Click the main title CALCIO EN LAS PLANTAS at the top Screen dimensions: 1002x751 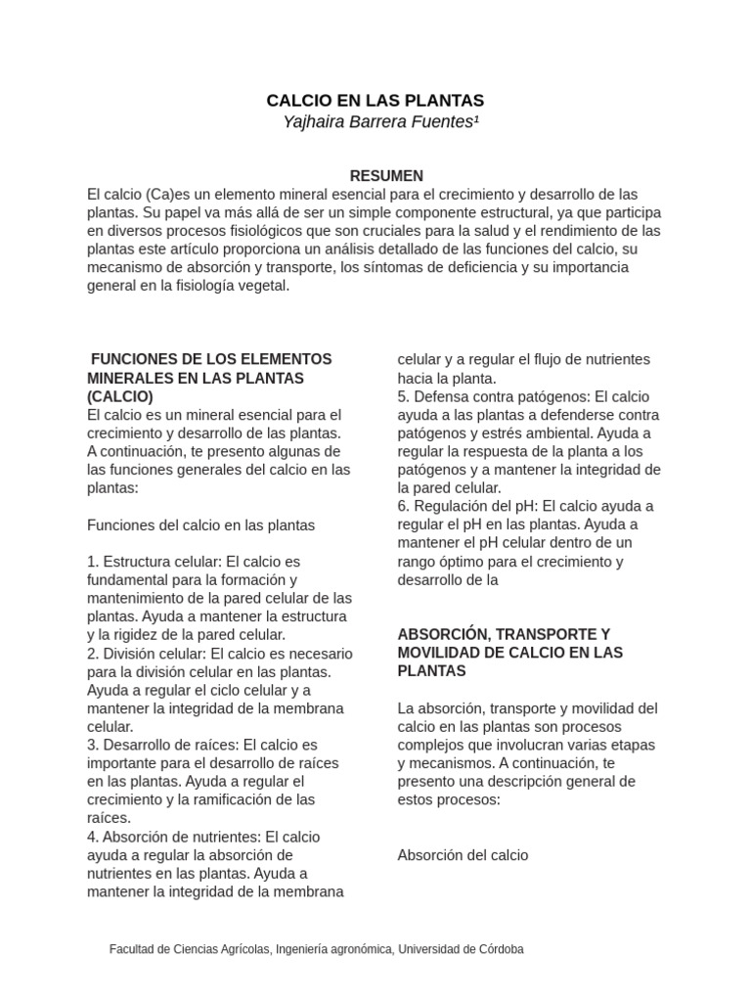pos(375,101)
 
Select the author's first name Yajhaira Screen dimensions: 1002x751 pos(313,122)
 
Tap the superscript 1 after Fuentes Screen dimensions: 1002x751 pos(477,119)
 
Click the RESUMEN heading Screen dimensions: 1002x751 pos(386,176)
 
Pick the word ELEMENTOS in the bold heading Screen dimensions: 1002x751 pos(285,359)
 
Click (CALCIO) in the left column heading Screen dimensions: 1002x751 pos(119,396)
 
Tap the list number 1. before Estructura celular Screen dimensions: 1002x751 pos(93,562)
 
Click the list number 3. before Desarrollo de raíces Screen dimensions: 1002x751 pos(93,745)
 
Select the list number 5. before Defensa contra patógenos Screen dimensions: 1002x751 pos(403,396)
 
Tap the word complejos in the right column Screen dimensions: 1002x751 pos(429,745)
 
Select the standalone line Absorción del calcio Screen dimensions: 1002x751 pos(463,855)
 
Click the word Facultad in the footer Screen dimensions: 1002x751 pos(133,949)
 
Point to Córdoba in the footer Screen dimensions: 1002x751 pos(499,949)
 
